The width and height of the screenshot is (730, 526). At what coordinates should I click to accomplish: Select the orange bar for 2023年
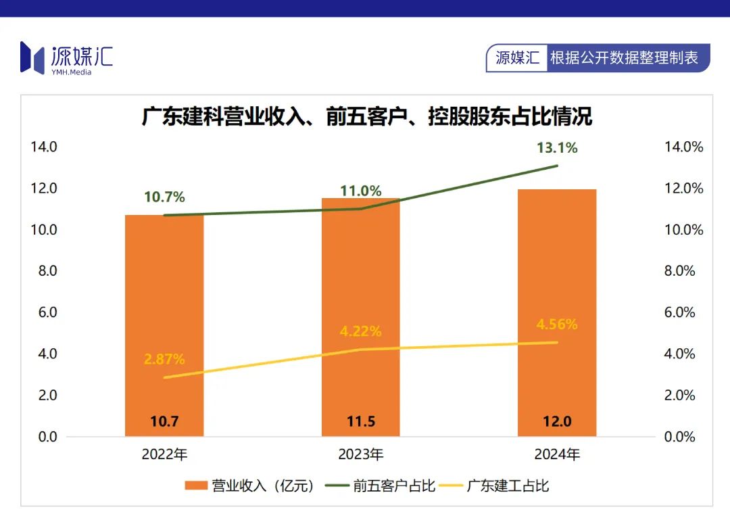coord(360,284)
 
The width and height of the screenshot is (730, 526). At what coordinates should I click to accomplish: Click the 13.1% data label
coord(557,147)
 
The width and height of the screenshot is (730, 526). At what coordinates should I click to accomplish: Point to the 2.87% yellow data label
coord(164,359)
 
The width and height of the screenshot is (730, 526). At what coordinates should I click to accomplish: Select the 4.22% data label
coord(360,331)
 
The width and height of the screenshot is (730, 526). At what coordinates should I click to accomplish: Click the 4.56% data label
coord(557,325)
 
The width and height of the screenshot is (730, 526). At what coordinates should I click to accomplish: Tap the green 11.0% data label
coord(360,191)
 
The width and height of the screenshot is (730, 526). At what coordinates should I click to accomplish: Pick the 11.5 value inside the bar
coord(360,421)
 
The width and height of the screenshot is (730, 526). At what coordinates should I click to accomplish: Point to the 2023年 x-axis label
coord(360,454)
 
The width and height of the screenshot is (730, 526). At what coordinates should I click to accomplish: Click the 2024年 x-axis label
coord(557,454)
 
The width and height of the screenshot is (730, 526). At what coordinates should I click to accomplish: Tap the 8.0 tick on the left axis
coord(47,270)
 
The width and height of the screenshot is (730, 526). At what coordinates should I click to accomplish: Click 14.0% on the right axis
coord(683,147)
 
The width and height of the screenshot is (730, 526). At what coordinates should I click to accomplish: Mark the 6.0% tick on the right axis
coord(679,312)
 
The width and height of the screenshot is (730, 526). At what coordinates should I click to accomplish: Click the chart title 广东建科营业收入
coord(366,116)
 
